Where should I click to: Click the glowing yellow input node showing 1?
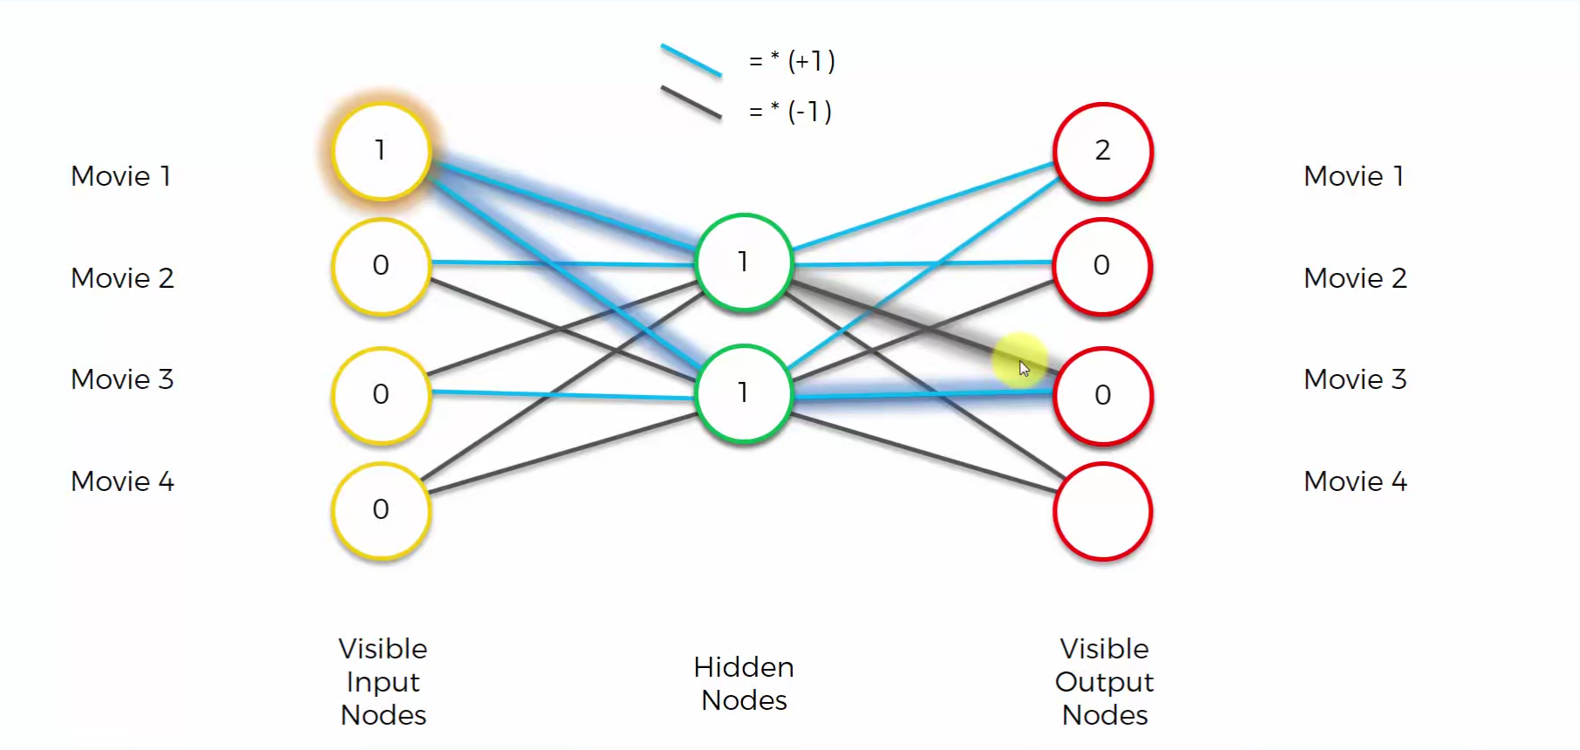click(x=382, y=152)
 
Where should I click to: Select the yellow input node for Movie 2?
click(x=382, y=266)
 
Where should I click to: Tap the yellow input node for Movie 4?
click(x=382, y=510)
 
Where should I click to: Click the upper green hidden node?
click(x=744, y=262)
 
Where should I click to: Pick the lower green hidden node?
click(x=744, y=393)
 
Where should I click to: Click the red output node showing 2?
click(x=1103, y=152)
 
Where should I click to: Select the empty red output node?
click(x=1103, y=511)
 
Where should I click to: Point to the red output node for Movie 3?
click(x=1103, y=396)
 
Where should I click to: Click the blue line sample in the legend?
click(x=691, y=60)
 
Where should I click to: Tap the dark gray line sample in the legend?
click(x=691, y=102)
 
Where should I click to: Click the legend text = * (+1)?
click(x=792, y=61)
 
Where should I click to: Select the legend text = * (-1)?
click(x=790, y=112)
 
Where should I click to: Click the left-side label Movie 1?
click(x=121, y=176)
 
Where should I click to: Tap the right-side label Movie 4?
click(x=1355, y=481)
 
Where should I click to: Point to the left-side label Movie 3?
click(x=122, y=379)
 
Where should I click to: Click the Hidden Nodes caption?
click(x=744, y=684)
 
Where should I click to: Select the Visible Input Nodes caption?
click(x=383, y=682)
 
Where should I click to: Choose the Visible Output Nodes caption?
click(x=1105, y=682)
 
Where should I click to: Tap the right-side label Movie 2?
click(x=1355, y=278)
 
